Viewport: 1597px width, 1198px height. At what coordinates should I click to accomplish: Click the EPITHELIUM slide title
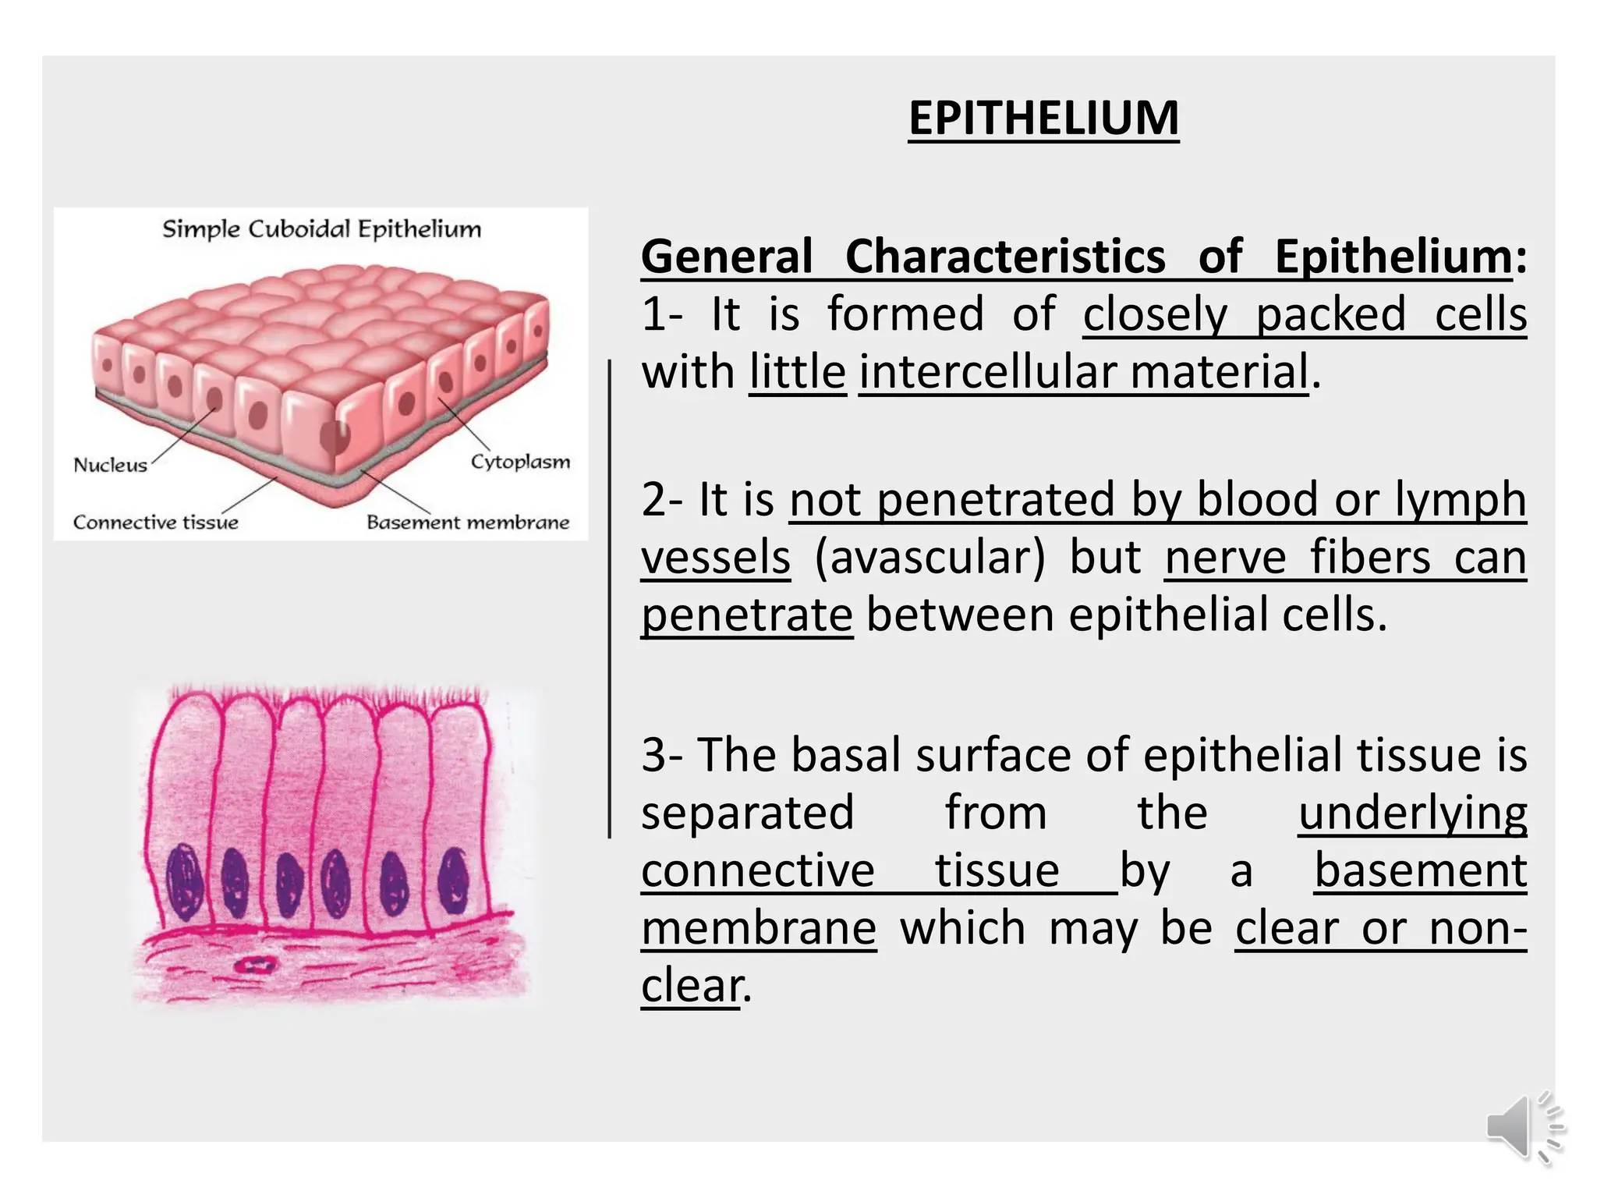[x=1043, y=119]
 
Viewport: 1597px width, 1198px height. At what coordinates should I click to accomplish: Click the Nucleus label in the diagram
[x=110, y=465]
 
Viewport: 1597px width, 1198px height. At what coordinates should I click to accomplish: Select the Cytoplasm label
[x=520, y=462]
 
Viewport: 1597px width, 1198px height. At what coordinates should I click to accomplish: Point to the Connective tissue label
[x=156, y=522]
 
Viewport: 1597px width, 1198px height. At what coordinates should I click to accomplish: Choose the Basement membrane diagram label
[x=468, y=522]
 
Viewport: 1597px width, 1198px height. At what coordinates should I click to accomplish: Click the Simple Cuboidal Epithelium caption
[x=321, y=229]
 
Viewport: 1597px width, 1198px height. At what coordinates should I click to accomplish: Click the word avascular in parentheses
[x=930, y=558]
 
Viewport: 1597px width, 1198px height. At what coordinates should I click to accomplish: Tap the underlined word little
[x=797, y=372]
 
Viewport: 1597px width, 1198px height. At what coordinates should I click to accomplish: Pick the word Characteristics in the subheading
[x=1005, y=257]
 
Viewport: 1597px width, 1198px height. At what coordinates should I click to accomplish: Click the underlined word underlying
[x=1412, y=813]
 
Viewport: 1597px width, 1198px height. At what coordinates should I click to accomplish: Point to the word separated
[x=748, y=813]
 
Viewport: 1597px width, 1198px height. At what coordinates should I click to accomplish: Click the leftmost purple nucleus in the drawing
[x=185, y=881]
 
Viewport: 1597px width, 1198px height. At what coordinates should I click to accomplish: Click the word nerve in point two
[x=1225, y=558]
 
